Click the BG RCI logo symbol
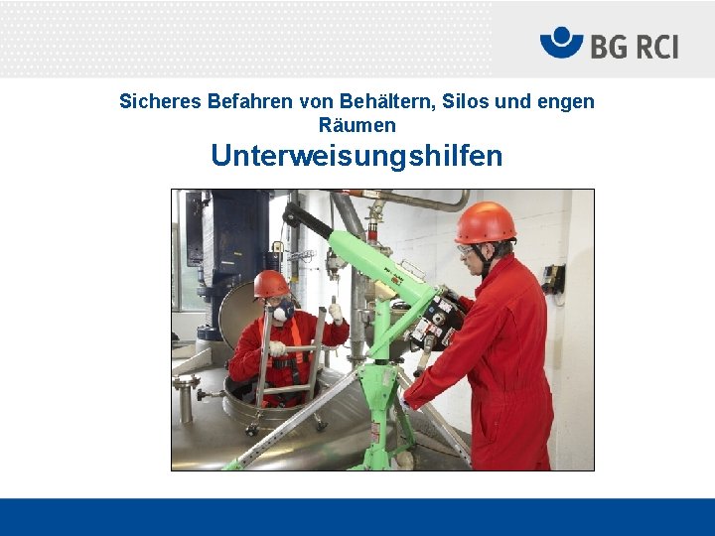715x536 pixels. pos(561,44)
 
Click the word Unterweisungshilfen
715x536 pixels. pos(357,156)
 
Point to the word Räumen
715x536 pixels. pos(357,126)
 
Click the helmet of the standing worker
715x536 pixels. pos(486,222)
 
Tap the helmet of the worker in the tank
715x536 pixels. pos(270,285)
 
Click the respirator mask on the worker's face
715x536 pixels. pos(283,311)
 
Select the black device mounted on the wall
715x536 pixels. pos(552,279)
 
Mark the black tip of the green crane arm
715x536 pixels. pos(293,214)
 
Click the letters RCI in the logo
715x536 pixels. pos(649,45)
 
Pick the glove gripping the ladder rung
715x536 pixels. pos(277,349)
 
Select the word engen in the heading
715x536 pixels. pos(568,101)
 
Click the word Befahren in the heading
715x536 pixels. pos(244,101)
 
